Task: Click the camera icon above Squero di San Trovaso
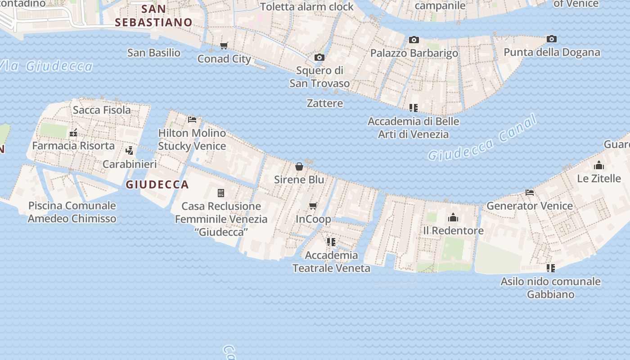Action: pos(319,57)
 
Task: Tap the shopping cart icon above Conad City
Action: pos(224,45)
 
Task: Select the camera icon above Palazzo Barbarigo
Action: pos(414,40)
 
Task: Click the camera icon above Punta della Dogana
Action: pos(552,39)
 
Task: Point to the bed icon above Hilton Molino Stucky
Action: pos(192,119)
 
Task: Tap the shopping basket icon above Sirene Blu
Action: pos(299,166)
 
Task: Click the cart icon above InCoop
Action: pos(313,206)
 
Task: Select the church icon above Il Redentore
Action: pos(453,217)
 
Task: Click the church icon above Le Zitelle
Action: pos(599,165)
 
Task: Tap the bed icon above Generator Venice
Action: pos(530,192)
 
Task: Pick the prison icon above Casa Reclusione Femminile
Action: pos(221,193)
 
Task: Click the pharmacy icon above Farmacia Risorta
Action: pos(73,133)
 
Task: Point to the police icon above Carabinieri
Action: pos(130,151)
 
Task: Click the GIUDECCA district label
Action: pos(157,184)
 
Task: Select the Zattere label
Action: pos(325,103)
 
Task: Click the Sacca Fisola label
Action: pos(102,109)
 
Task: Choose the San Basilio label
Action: pos(154,53)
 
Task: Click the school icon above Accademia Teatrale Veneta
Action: pos(331,242)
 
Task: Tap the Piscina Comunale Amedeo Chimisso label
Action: pos(72,212)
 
